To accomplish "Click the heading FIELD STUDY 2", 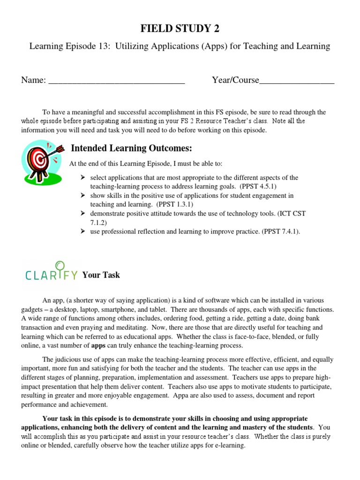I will click(x=180, y=29).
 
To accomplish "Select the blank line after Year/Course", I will click(x=297, y=81).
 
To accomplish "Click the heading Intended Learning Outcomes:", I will click(x=131, y=149).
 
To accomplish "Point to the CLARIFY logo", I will click(x=51, y=271).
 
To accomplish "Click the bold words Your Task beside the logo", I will click(x=101, y=275).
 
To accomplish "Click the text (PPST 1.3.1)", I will click(x=175, y=204).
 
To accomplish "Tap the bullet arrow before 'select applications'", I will click(x=82, y=178).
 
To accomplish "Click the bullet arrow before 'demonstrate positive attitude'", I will click(x=82, y=213).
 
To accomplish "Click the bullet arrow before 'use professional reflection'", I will click(x=82, y=231).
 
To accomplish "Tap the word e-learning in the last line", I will click(x=229, y=445).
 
